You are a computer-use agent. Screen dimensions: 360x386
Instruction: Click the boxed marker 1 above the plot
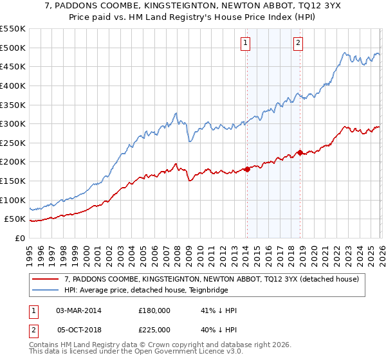coord(246,43)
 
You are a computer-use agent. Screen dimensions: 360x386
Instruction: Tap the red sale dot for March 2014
coord(247,169)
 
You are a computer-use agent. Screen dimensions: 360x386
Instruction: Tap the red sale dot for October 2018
coord(299,152)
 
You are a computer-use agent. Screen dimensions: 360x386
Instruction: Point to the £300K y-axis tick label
coord(12,123)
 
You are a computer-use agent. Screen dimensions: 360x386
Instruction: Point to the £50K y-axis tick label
coord(15,219)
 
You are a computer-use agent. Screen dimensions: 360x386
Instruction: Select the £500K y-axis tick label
coord(12,48)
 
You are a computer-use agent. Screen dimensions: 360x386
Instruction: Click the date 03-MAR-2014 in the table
coord(79,310)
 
